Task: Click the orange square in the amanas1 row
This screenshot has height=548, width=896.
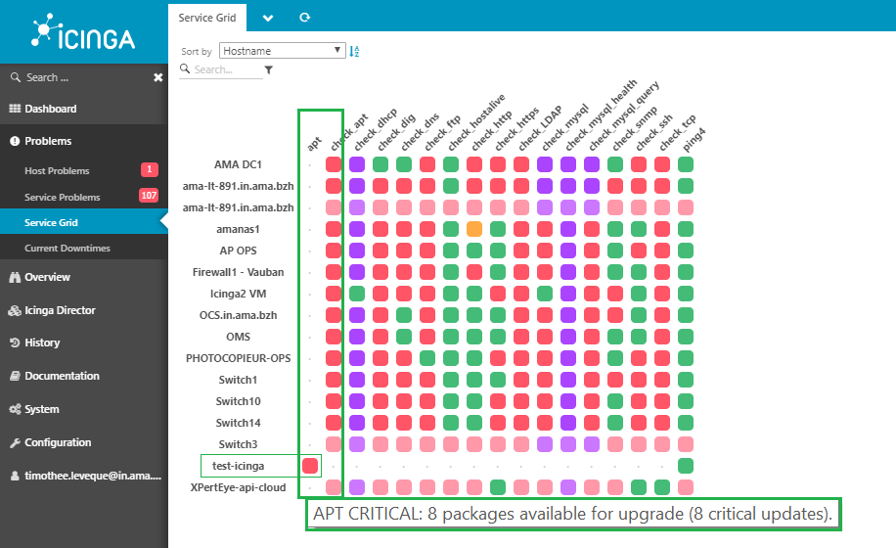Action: [474, 229]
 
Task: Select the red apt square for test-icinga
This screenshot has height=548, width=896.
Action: [310, 466]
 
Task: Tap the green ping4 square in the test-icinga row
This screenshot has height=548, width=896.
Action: [685, 466]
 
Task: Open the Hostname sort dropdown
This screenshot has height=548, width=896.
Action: [283, 51]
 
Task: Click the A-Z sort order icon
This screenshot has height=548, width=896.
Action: [354, 52]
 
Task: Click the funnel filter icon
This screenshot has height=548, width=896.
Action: [269, 69]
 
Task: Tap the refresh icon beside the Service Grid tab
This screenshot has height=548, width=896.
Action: [305, 18]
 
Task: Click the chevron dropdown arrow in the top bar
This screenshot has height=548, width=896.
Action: [268, 19]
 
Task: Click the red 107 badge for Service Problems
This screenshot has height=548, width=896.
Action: [149, 196]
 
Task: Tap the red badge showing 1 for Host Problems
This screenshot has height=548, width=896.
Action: [149, 169]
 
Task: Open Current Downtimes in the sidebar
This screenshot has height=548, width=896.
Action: [67, 248]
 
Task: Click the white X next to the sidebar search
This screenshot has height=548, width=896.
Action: [158, 77]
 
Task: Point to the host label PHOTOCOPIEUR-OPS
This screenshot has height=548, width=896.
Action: [239, 358]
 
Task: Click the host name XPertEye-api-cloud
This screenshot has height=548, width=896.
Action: [239, 487]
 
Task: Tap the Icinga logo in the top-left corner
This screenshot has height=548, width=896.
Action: [83, 31]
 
